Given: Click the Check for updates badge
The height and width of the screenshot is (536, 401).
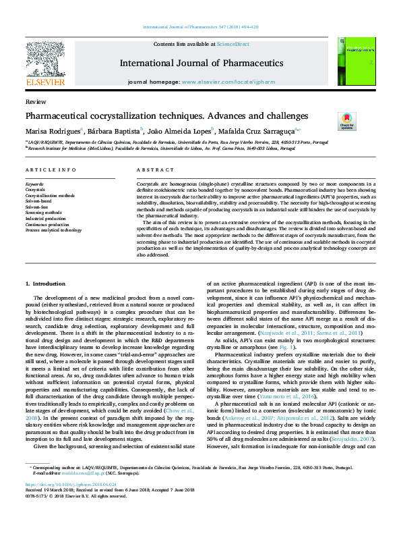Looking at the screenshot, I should [x=346, y=122].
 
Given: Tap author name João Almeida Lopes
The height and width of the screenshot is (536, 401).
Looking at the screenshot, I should [x=180, y=131].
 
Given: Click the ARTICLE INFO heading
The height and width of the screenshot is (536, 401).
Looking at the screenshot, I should [x=51, y=170].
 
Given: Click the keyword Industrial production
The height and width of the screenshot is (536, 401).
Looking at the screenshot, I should [x=46, y=219].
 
